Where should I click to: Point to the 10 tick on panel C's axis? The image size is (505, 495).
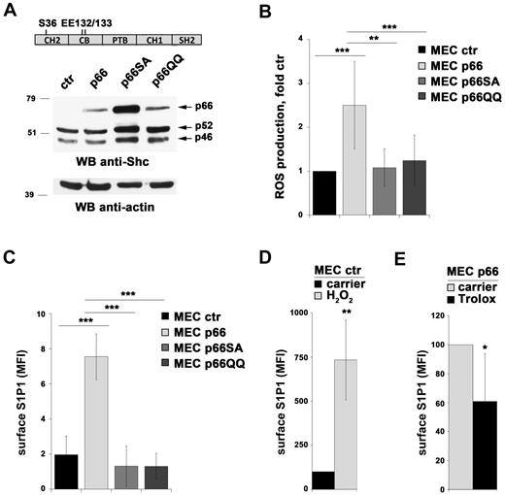click(x=37, y=313)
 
